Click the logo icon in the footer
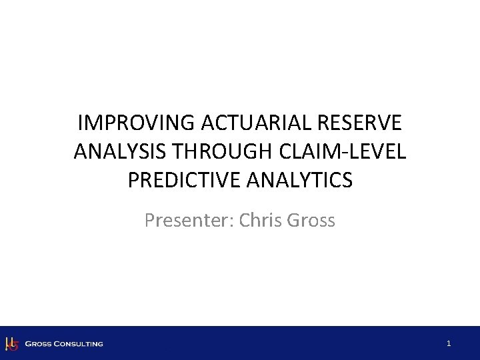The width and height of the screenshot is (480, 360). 11,344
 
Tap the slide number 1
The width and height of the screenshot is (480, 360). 449,343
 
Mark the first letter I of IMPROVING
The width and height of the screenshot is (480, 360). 81,124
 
